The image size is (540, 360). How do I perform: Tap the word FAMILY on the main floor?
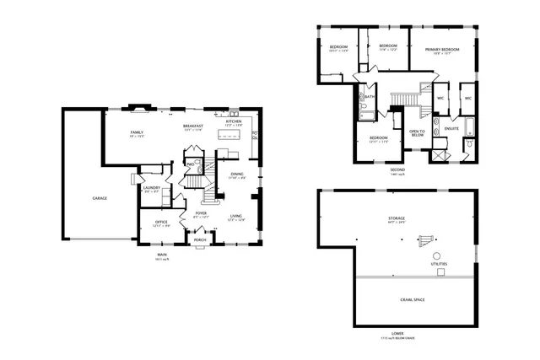tap(137, 132)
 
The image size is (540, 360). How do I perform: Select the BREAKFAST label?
tap(192, 126)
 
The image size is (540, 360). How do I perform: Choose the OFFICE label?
tap(160, 223)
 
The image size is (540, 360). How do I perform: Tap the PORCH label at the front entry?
tap(200, 239)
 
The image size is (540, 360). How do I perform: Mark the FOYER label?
tap(201, 213)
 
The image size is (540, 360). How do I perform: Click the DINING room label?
tap(237, 175)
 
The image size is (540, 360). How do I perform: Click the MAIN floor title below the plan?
tap(160, 254)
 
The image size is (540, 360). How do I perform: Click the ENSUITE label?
tap(451, 128)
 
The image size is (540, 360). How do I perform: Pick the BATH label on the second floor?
tap(370, 96)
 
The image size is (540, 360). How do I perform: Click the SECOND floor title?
tap(397, 169)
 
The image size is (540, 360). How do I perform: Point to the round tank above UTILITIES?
tap(436, 255)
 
